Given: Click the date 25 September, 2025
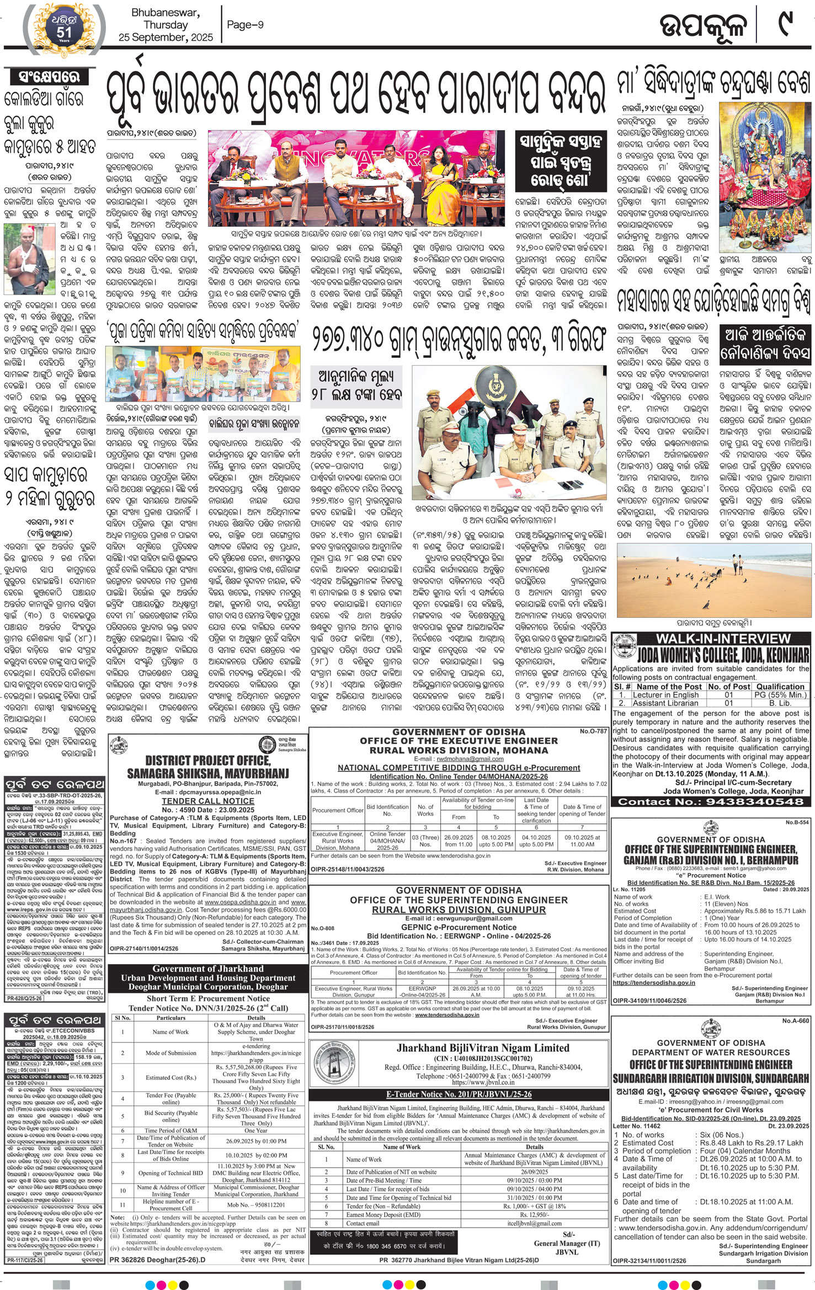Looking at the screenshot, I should tap(166, 38).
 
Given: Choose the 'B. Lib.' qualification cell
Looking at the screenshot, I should tap(780, 703).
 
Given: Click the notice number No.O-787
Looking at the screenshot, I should tap(593, 731).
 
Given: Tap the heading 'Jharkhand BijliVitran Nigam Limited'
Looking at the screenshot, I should tap(483, 1047).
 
